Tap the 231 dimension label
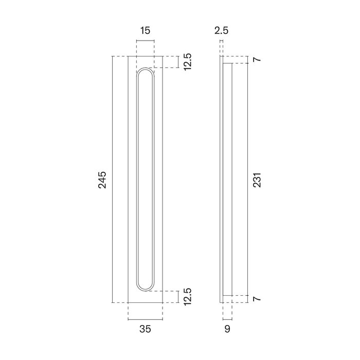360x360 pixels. pyautogui.click(x=258, y=179)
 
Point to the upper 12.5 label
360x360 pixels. pyautogui.click(x=188, y=62)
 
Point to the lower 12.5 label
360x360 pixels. pyautogui.click(x=188, y=297)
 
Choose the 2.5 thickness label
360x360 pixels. pyautogui.click(x=221, y=31)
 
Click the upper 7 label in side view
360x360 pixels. pyautogui.click(x=258, y=60)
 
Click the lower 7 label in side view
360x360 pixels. pyautogui.click(x=258, y=299)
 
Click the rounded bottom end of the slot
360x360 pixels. pyautogui.click(x=145, y=286)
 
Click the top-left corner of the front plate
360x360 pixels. pyautogui.click(x=128, y=56)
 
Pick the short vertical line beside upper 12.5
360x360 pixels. pyautogui.click(x=178, y=62)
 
